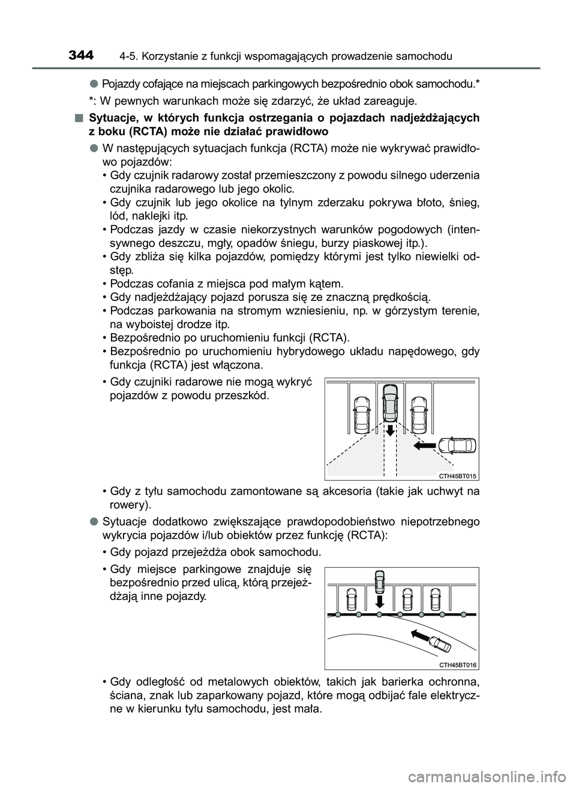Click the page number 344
point(81,56)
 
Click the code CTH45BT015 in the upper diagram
point(457,475)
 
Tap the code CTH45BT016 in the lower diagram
point(457,665)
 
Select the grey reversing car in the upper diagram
point(390,403)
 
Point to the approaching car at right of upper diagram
point(457,446)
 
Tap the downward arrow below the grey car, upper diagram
point(390,429)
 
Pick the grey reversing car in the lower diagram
point(379,581)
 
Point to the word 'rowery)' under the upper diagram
point(126,505)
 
